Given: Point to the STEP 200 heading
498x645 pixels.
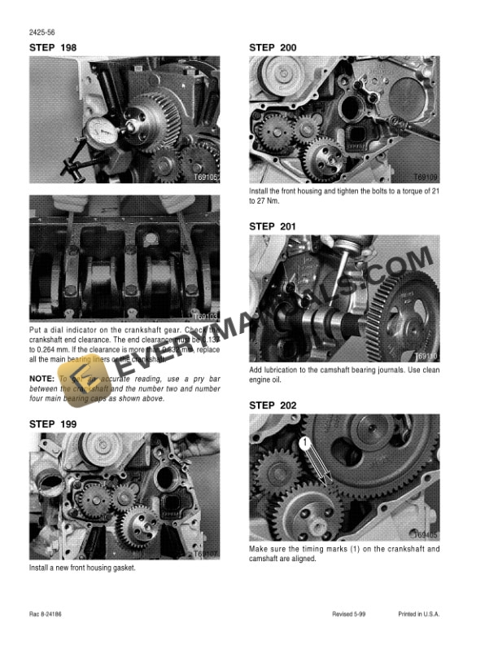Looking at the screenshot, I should (273, 48).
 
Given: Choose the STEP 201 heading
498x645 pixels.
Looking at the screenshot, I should (273, 226).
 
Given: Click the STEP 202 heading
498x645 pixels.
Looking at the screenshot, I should (273, 405).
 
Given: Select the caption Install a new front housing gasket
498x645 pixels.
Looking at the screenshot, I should (81, 568).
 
